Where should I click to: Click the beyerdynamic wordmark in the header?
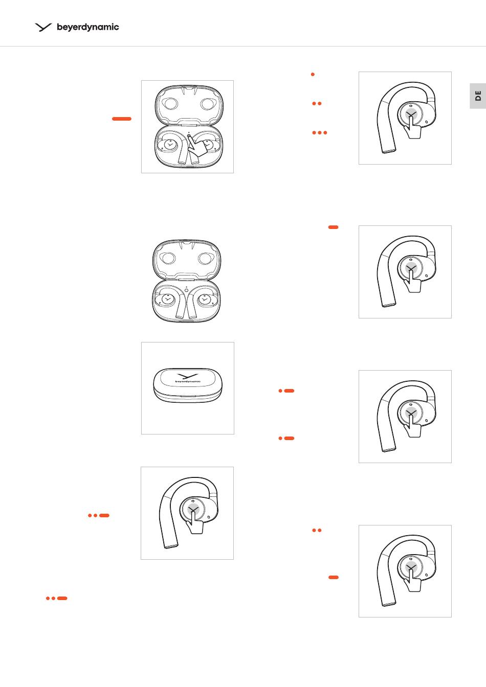tap(88, 27)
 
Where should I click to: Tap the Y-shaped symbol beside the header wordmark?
tap(43, 27)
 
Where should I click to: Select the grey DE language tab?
tap(478, 96)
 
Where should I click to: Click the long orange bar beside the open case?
tap(122, 119)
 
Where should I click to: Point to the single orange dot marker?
tap(313, 74)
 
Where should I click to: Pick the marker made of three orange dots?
tap(320, 132)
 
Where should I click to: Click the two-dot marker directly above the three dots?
tap(317, 103)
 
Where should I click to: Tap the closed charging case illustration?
tap(188, 385)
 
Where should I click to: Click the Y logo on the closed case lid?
tap(187, 376)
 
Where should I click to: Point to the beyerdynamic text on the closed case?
tap(188, 381)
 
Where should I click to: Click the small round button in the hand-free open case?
tap(186, 290)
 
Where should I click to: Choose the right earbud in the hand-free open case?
tap(204, 300)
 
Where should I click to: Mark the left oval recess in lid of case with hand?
tap(170, 104)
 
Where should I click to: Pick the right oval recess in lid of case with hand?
tap(208, 104)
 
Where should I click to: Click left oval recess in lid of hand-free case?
tap(167, 259)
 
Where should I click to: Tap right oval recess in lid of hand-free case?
tap(206, 259)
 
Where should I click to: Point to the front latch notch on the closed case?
tap(188, 396)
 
